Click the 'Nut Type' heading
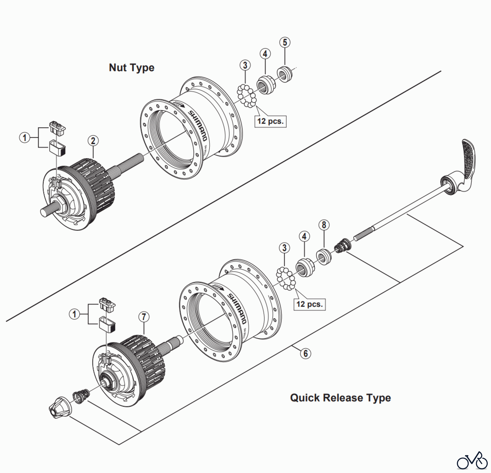pyautogui.click(x=131, y=67)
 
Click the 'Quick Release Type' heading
pyautogui.click(x=340, y=398)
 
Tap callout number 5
pyautogui.click(x=285, y=42)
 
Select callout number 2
pyautogui.click(x=93, y=141)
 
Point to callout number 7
pyautogui.click(x=144, y=317)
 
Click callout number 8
pyautogui.click(x=324, y=225)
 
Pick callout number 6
pyautogui.click(x=306, y=353)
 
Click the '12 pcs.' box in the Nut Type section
pyautogui.click(x=270, y=121)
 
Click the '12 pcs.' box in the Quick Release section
pyautogui.click(x=309, y=304)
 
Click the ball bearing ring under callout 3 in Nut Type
pyautogui.click(x=247, y=96)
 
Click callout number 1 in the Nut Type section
pyautogui.click(x=25, y=137)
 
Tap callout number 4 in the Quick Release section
pyautogui.click(x=304, y=236)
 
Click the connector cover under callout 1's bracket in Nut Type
pyautogui.click(x=57, y=148)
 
